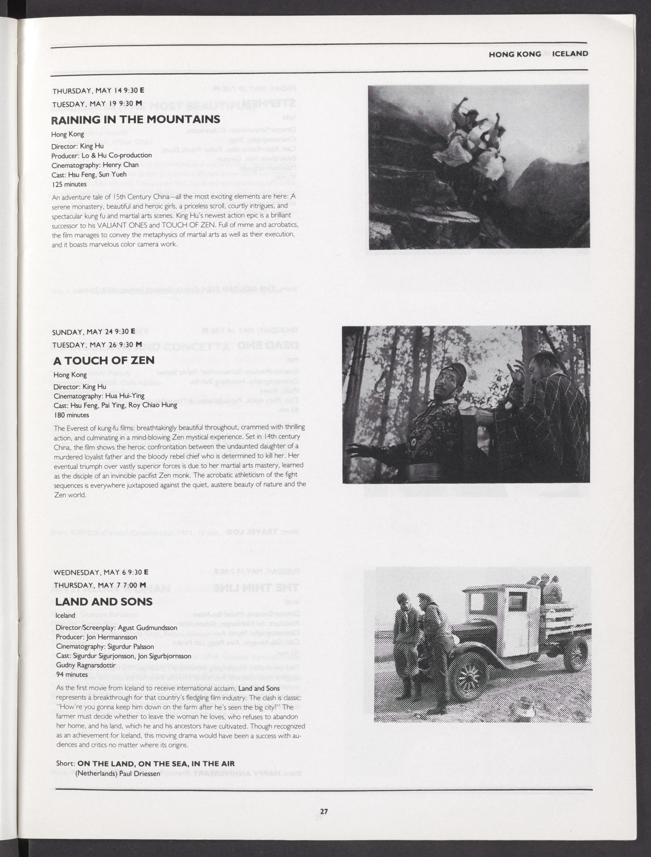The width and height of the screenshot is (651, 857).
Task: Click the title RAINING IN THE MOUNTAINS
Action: (135, 120)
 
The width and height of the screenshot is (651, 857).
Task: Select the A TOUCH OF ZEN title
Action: (104, 361)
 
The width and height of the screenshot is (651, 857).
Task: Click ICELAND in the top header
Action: (570, 54)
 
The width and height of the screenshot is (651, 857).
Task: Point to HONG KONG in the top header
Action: (515, 54)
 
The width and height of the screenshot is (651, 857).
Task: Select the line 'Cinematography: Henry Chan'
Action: (95, 165)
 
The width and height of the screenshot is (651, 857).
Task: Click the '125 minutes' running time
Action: (69, 185)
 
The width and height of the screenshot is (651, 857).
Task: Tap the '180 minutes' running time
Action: (72, 415)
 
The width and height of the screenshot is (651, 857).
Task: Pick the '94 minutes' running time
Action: (72, 674)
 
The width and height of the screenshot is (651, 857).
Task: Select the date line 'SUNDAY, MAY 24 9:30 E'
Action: (94, 332)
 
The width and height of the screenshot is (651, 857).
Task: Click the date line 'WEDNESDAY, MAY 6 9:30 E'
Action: (101, 572)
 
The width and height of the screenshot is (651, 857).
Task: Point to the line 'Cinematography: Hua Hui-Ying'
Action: (99, 396)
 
